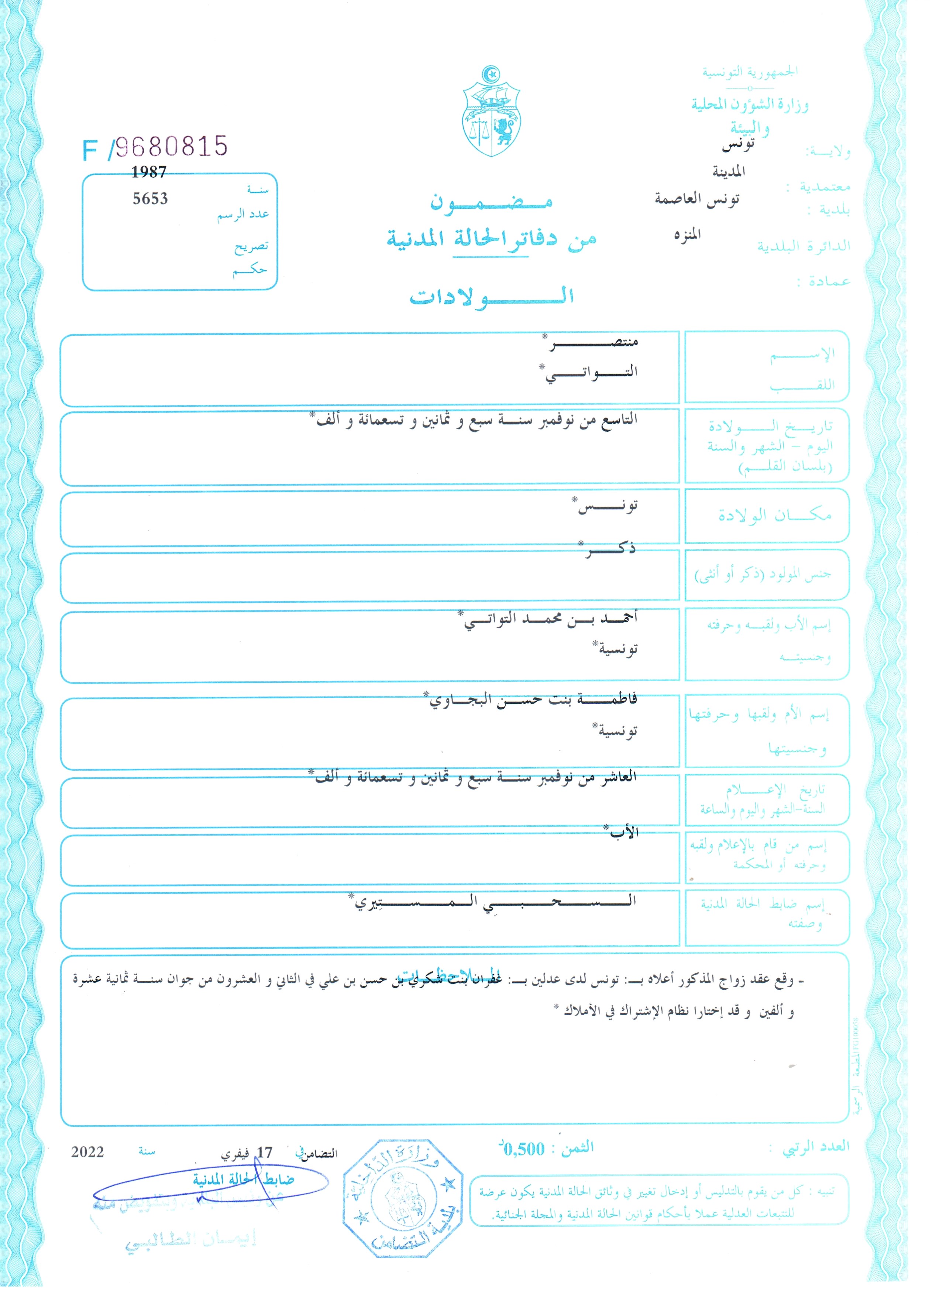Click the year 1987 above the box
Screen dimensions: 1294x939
149,172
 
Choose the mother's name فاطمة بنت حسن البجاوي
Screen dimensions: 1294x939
533,699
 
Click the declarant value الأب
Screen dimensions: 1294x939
624,832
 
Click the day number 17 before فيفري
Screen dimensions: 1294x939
265,1153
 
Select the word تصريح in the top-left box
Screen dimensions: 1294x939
251,246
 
